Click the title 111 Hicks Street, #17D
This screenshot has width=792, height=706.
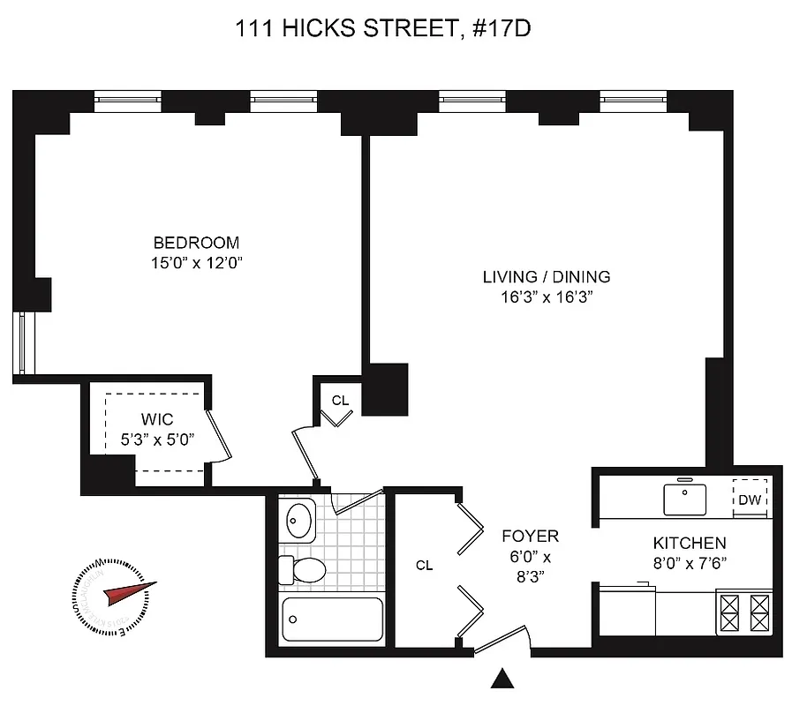[382, 30]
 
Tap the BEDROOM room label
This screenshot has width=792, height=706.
[196, 243]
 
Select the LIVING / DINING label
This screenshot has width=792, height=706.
[546, 276]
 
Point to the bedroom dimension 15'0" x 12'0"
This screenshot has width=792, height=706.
[196, 262]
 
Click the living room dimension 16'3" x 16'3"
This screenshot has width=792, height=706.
[546, 297]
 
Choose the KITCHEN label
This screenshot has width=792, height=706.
[690, 543]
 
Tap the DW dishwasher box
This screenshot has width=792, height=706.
[750, 499]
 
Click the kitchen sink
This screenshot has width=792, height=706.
[684, 499]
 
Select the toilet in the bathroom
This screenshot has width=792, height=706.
[303, 569]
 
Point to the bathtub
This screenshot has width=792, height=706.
[332, 621]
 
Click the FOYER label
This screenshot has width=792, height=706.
[530, 536]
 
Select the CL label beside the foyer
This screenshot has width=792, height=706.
[425, 566]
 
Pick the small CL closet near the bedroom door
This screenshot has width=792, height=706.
[340, 400]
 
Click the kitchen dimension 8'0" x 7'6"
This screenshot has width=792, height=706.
[690, 562]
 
